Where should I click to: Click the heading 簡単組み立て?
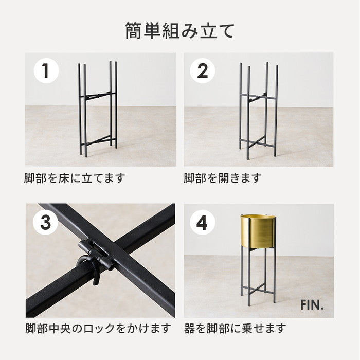point(180,31)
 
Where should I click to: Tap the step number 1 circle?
point(46,70)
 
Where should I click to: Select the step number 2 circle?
point(202,70)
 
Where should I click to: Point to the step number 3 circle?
point(45,222)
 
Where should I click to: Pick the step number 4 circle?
point(202,222)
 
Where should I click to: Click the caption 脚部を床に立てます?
point(75,178)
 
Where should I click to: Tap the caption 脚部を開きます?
point(223,178)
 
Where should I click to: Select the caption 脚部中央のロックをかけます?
point(98,328)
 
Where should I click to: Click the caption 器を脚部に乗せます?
point(235,328)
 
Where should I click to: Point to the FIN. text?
point(312,305)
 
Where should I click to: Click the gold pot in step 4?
point(258,231)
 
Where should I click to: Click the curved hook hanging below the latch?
point(88,268)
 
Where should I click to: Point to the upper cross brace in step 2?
point(258,97)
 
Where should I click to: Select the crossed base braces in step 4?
point(258,290)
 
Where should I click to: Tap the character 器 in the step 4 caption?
point(189,328)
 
